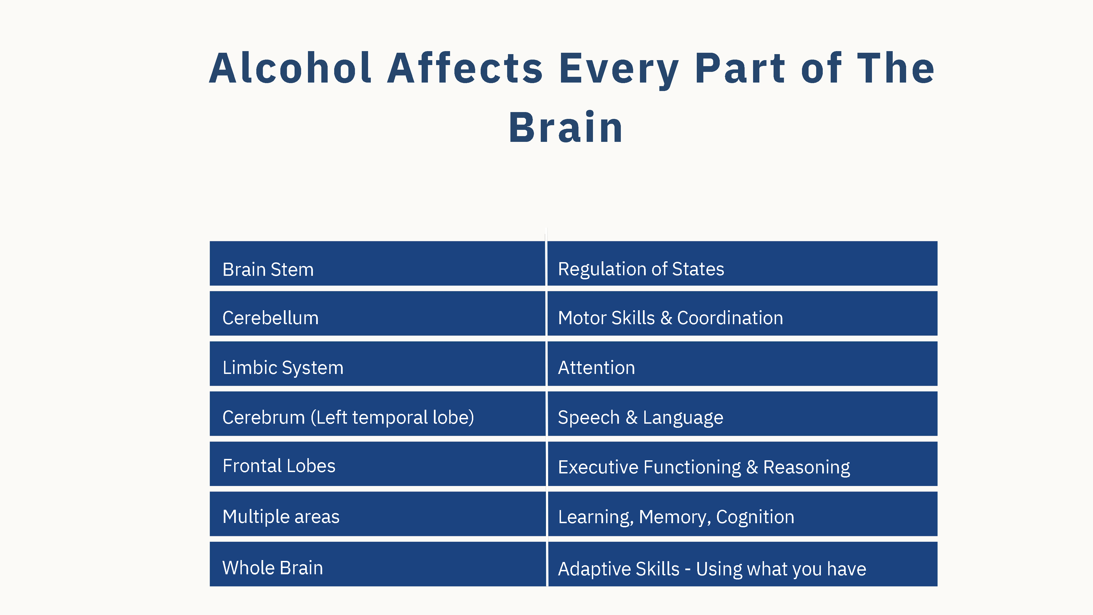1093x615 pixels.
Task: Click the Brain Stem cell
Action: pyautogui.click(x=377, y=263)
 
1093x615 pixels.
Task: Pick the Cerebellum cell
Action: pyautogui.click(x=377, y=313)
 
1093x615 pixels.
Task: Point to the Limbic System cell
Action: pyautogui.click(x=377, y=363)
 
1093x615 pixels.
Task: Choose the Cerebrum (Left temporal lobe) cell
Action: pyautogui.click(x=377, y=413)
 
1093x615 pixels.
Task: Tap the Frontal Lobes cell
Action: pyautogui.click(x=377, y=464)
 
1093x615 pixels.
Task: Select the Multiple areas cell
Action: pyautogui.click(x=377, y=514)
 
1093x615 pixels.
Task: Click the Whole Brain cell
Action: pyautogui.click(x=377, y=564)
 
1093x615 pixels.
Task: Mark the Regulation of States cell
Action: pyautogui.click(x=742, y=263)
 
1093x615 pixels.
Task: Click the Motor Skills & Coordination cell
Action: pyautogui.click(x=742, y=313)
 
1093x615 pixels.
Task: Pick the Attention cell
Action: pyautogui.click(x=742, y=363)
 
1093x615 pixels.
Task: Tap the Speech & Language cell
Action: pyautogui.click(x=742, y=413)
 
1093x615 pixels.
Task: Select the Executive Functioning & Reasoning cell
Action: pyautogui.click(x=742, y=464)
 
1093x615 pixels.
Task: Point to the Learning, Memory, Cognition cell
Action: pyautogui.click(x=742, y=514)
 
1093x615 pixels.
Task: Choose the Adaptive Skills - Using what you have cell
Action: pyautogui.click(x=742, y=564)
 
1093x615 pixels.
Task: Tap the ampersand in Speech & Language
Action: pyautogui.click(x=631, y=417)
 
